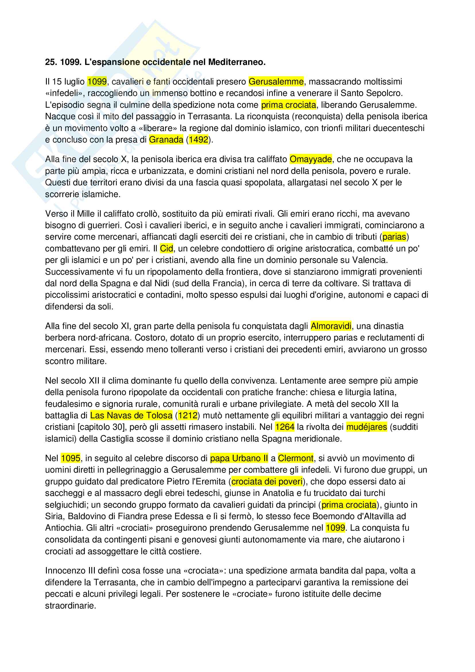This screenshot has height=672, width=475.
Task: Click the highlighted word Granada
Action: (x=166, y=140)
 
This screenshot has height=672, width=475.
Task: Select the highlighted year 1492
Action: (x=198, y=140)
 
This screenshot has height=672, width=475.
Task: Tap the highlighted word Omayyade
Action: (x=311, y=159)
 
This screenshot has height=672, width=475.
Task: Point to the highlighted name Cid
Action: (x=167, y=249)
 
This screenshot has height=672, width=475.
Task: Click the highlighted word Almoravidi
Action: (x=331, y=326)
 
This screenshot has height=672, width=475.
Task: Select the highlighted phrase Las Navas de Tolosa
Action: (x=131, y=415)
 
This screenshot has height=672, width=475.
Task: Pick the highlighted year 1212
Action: (x=188, y=415)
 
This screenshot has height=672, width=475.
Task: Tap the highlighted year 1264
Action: (x=285, y=427)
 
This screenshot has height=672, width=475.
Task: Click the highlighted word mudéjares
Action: (x=366, y=427)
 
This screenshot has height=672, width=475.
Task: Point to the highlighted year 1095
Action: (x=70, y=458)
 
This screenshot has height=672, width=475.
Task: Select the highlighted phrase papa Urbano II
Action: (x=239, y=458)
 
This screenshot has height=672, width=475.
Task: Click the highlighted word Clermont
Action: (x=296, y=458)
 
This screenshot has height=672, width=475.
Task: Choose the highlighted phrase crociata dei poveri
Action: (x=267, y=482)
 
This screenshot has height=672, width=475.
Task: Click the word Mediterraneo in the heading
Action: (x=237, y=62)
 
